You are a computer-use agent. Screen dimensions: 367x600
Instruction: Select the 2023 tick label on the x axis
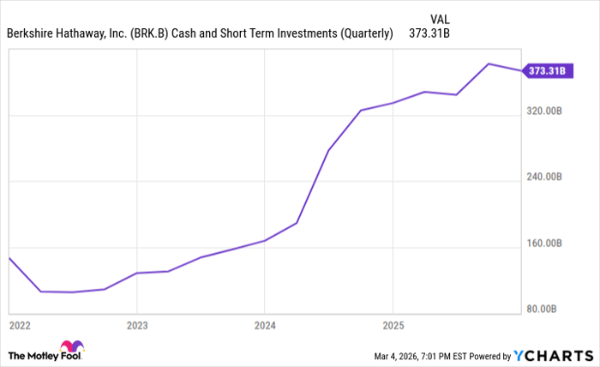136,326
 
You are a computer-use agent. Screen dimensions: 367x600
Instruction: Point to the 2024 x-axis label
264,326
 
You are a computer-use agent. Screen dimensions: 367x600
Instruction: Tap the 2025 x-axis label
392,326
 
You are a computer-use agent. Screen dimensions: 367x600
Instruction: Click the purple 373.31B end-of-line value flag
543,70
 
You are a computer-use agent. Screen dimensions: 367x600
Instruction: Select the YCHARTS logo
553,355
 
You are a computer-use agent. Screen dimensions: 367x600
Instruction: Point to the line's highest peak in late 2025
489,63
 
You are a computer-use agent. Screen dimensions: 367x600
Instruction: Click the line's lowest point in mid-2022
72,292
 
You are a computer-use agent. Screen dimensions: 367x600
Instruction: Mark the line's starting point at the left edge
9,257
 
